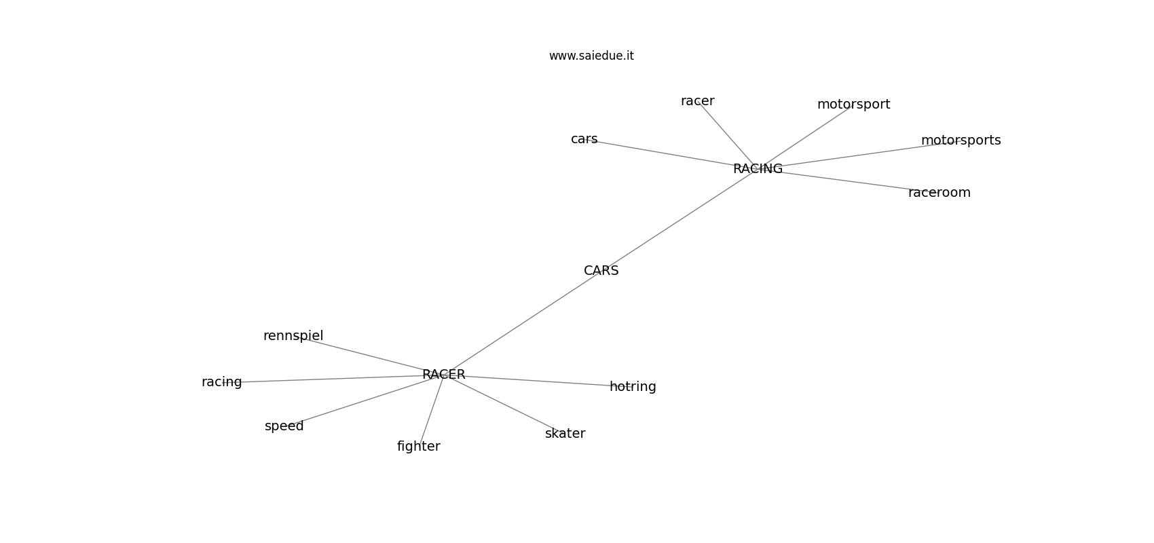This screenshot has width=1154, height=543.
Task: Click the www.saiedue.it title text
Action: coord(591,56)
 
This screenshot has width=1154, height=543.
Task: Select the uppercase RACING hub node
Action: coord(758,168)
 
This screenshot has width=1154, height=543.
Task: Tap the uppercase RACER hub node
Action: coord(443,375)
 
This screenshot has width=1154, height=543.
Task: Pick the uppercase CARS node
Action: coord(601,271)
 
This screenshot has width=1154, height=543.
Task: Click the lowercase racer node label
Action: coord(697,101)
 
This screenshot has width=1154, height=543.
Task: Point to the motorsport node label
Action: coord(853,105)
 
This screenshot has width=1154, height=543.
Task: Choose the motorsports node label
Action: coord(961,141)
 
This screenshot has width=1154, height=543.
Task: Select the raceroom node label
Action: coord(939,193)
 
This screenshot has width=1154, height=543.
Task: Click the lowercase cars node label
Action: coord(584,139)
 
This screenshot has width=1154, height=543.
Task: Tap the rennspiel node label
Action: coord(293,336)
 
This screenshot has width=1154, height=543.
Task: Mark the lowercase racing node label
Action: coord(221,382)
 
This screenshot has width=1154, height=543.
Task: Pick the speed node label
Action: coord(284,426)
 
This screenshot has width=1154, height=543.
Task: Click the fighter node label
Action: coord(418,447)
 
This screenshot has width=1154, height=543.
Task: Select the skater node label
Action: coord(565,434)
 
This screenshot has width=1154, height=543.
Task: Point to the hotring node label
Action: coord(633,387)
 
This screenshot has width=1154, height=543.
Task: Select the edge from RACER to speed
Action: coord(367,400)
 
